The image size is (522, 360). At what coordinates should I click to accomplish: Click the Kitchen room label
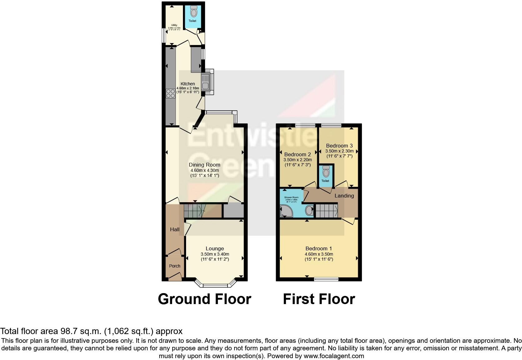tap(188, 84)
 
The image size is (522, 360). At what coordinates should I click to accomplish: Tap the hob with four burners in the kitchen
tap(170, 93)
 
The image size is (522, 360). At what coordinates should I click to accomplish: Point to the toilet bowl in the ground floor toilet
tap(194, 12)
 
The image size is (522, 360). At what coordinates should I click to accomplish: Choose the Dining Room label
tap(204, 165)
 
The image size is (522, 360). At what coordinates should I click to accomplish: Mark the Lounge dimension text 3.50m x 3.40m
tap(215, 254)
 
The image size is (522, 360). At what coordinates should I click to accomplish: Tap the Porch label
tap(175, 266)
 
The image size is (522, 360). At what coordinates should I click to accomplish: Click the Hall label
tap(175, 229)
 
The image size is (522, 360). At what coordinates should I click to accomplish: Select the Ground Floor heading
tap(204, 299)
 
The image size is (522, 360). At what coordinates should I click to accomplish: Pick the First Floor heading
tap(319, 299)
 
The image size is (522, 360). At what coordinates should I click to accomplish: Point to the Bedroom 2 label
tap(298, 154)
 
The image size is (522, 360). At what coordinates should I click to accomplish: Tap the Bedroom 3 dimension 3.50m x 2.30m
tap(339, 151)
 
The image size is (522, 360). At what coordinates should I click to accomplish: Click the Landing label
tap(344, 196)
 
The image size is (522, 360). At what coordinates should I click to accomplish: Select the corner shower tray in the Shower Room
tap(286, 211)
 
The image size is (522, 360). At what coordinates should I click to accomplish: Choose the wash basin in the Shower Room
tap(309, 210)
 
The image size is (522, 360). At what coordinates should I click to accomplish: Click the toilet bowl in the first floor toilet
tap(326, 172)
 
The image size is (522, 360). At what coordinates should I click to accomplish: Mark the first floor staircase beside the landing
tap(326, 211)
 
